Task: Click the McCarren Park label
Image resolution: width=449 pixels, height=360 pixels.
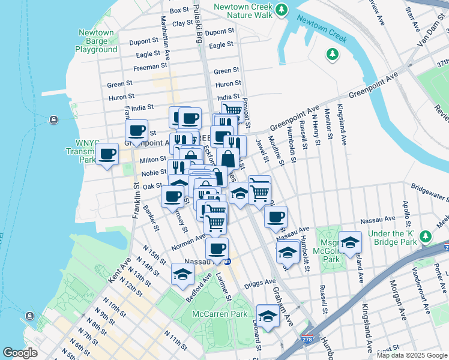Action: click(x=219, y=314)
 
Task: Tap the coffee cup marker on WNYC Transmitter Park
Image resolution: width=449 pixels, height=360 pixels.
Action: click(x=107, y=154)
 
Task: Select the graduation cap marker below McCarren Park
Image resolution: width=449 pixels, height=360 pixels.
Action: click(x=268, y=316)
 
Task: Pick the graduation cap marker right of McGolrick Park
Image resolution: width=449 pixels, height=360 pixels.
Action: click(x=350, y=242)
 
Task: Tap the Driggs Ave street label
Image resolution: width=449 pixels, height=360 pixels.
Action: click(x=262, y=281)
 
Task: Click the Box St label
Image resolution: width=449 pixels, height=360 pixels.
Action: click(x=179, y=10)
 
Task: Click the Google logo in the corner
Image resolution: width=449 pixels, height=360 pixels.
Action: click(x=20, y=353)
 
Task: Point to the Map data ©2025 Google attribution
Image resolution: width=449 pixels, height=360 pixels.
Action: click(x=411, y=355)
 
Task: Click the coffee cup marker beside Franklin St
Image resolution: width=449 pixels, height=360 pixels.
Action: click(x=136, y=131)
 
